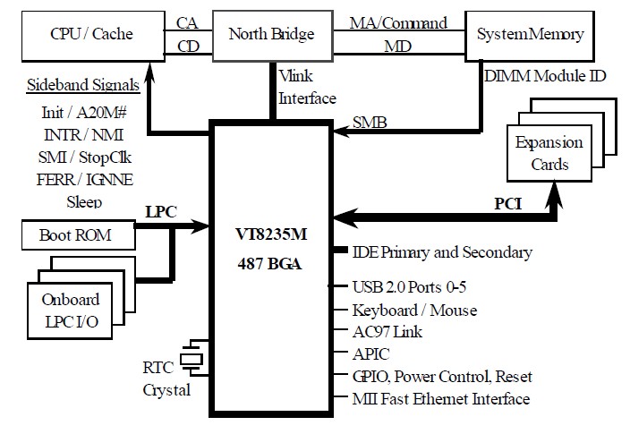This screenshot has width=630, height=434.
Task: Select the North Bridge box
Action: [x=271, y=35]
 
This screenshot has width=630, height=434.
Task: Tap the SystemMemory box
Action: [x=530, y=35]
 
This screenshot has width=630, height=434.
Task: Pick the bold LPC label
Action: [x=162, y=213]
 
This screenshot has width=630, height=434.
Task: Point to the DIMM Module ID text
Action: [x=544, y=76]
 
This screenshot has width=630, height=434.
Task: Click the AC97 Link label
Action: [x=387, y=332]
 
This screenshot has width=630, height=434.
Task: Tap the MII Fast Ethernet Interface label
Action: [x=441, y=399]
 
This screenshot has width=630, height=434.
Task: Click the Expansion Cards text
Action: [x=549, y=153]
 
